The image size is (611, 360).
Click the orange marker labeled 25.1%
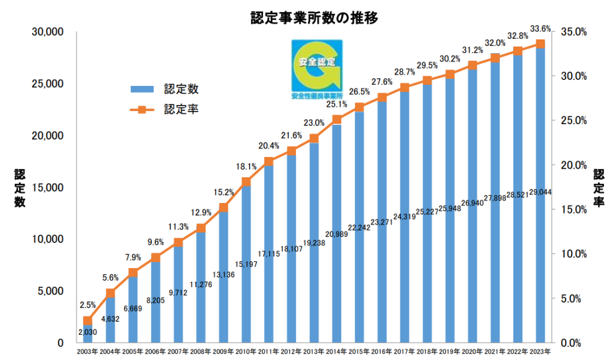(x=337, y=119)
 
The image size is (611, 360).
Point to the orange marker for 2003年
(x=88, y=321)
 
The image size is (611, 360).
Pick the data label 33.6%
(x=540, y=27)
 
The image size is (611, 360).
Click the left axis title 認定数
(x=20, y=189)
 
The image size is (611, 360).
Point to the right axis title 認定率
(x=598, y=189)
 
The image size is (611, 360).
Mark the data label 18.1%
(x=246, y=167)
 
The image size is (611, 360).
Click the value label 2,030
(x=88, y=332)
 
